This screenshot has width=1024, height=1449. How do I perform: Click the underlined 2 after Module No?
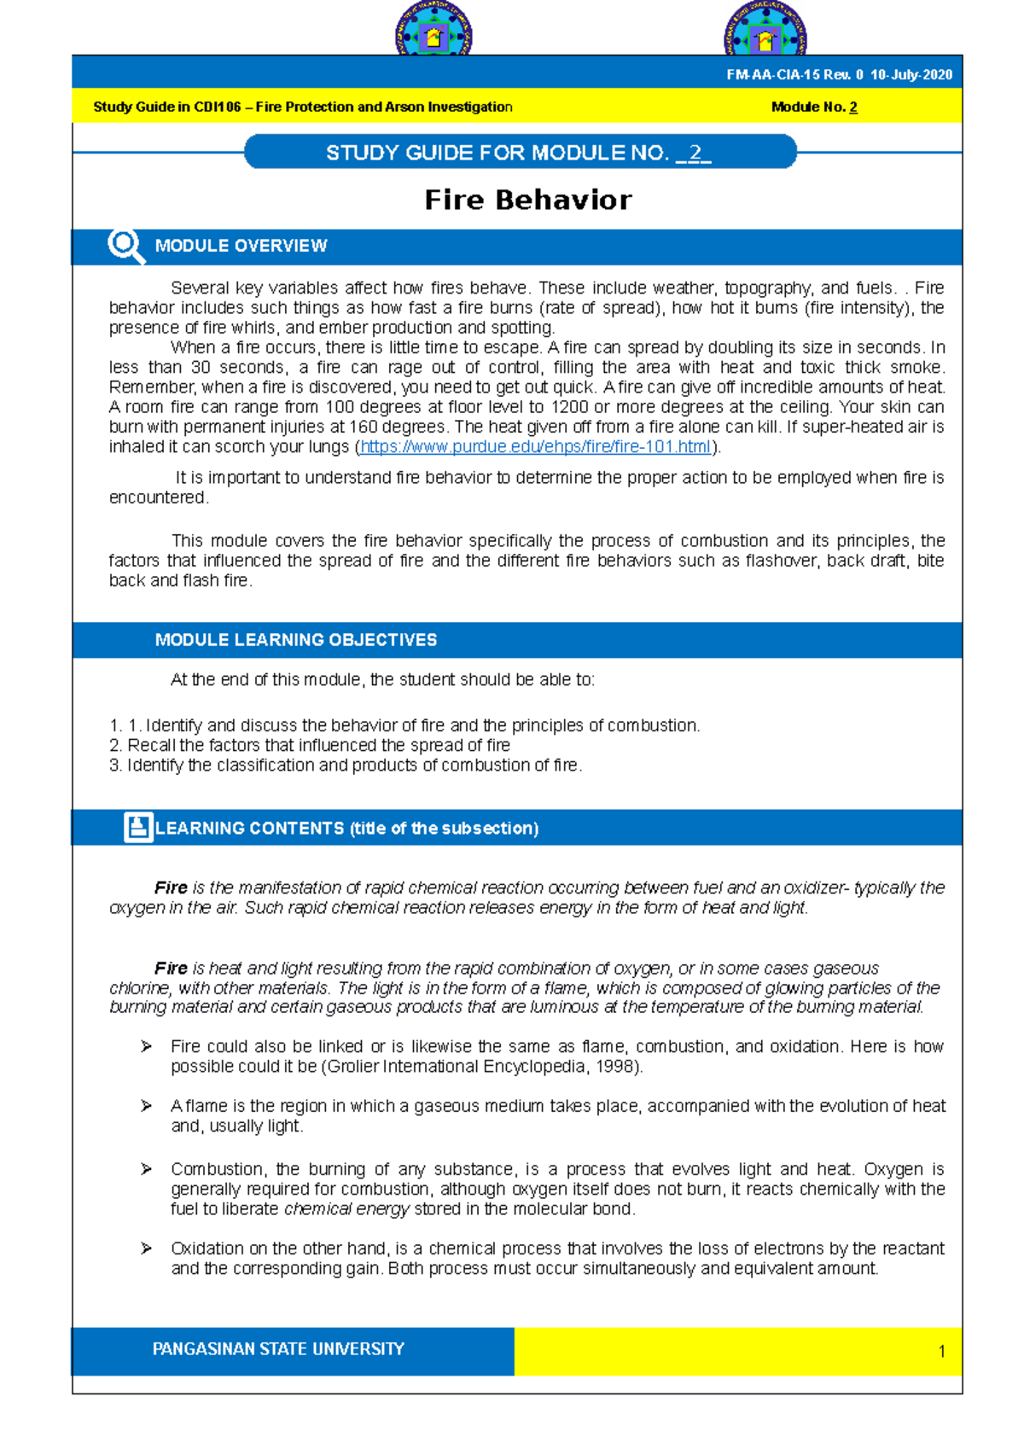[853, 108]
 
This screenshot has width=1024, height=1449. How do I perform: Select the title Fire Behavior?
[528, 200]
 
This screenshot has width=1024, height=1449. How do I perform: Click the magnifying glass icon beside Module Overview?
[125, 246]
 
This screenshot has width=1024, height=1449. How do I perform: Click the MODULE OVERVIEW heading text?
[241, 247]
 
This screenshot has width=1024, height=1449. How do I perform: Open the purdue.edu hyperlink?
[535, 447]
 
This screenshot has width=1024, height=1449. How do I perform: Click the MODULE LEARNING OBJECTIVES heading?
[296, 640]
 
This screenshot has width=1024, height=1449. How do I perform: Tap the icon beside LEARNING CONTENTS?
[137, 828]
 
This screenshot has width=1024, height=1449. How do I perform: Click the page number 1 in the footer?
[941, 1352]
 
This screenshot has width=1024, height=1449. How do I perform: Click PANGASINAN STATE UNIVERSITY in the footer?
[278, 1349]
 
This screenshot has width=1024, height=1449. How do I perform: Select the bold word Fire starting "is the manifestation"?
[171, 888]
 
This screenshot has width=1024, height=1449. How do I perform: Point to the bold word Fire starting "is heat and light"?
[171, 969]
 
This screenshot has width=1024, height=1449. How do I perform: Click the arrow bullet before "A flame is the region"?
[147, 1106]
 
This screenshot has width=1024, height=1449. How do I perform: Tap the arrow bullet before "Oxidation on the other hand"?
[147, 1248]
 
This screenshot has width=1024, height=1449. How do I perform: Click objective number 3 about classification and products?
[346, 765]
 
